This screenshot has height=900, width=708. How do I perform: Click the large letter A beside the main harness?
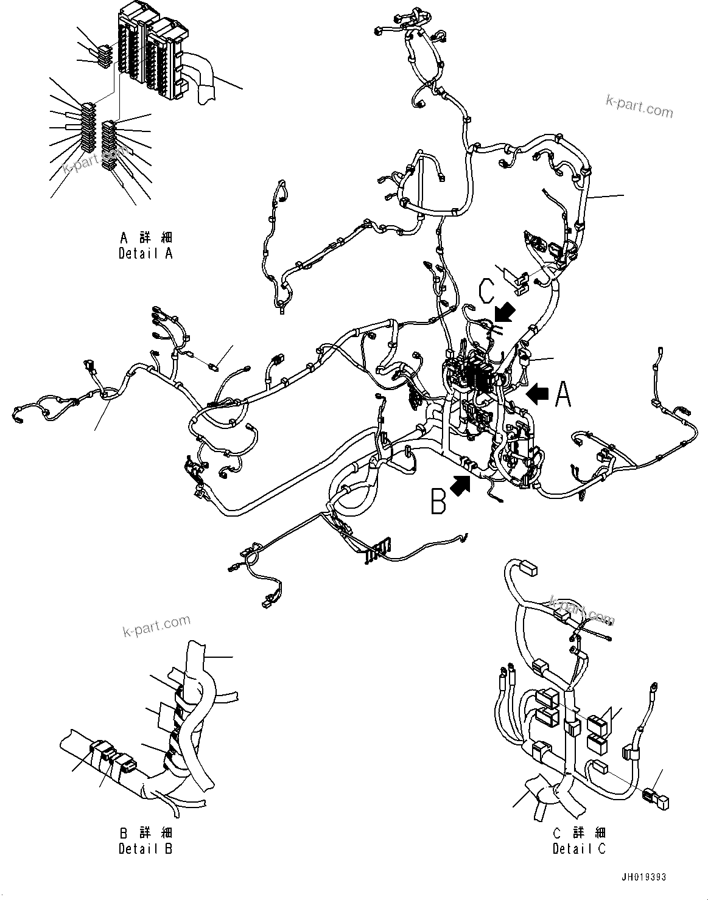563,394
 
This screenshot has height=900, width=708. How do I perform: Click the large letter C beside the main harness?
487,291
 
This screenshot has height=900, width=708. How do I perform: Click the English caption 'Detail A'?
145,254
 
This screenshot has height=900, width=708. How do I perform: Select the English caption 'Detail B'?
145,848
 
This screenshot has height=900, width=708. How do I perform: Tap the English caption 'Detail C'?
579,848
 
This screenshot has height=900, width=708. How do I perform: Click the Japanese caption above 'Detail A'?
146,237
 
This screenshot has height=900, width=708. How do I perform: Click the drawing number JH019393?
643,877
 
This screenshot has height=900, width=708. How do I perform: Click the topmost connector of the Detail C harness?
527,570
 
